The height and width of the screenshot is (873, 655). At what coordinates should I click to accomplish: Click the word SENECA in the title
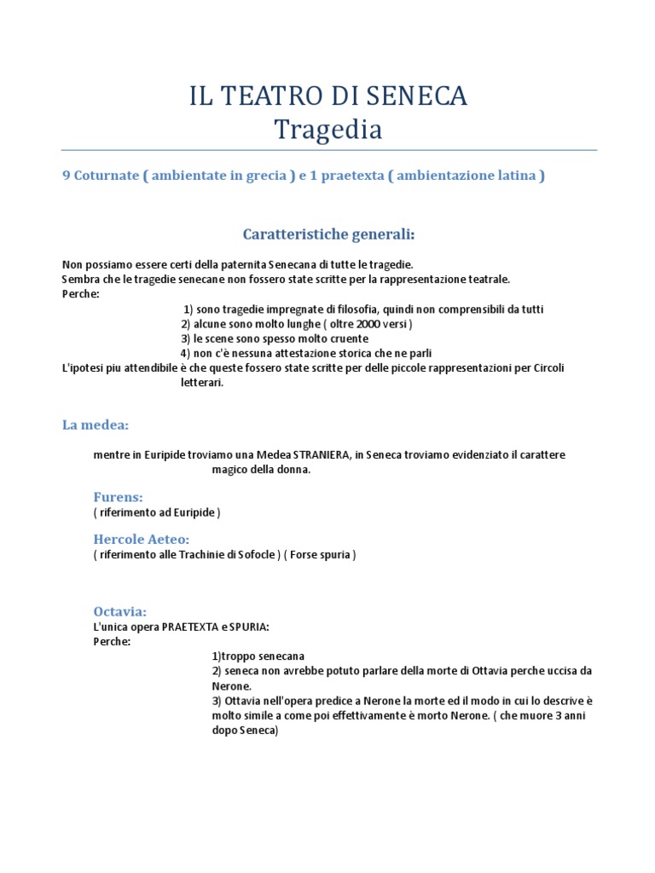[x=420, y=96]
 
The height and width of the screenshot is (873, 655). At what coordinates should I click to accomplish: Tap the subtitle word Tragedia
[x=328, y=130]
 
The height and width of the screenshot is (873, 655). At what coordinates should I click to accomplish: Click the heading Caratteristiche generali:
[x=329, y=234]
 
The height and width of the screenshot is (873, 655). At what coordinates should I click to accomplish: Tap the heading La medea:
[x=96, y=425]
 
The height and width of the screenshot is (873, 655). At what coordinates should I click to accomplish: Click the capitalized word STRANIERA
[x=321, y=454]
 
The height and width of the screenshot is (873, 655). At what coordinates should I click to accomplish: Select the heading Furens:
[x=118, y=496]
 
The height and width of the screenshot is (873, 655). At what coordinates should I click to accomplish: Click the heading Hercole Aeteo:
[x=141, y=539]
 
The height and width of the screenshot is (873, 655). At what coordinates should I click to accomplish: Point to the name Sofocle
[x=257, y=555]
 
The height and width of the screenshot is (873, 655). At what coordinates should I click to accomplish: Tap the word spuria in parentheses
[x=332, y=555]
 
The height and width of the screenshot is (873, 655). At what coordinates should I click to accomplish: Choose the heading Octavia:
[x=120, y=611]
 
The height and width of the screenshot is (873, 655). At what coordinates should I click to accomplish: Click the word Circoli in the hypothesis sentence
[x=547, y=368]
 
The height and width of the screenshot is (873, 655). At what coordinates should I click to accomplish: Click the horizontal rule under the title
[x=328, y=151]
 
